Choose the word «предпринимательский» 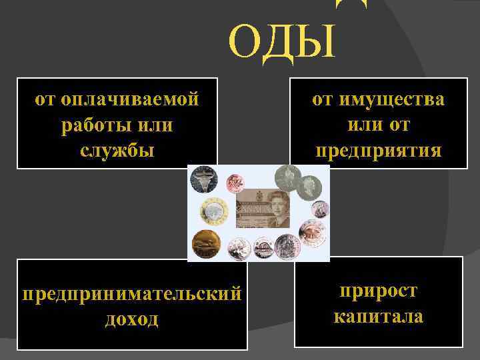(x=132, y=294)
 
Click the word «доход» (x=132, y=319)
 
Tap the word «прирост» (x=378, y=291)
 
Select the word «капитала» (x=378, y=315)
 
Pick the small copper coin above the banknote (x=235, y=183)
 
